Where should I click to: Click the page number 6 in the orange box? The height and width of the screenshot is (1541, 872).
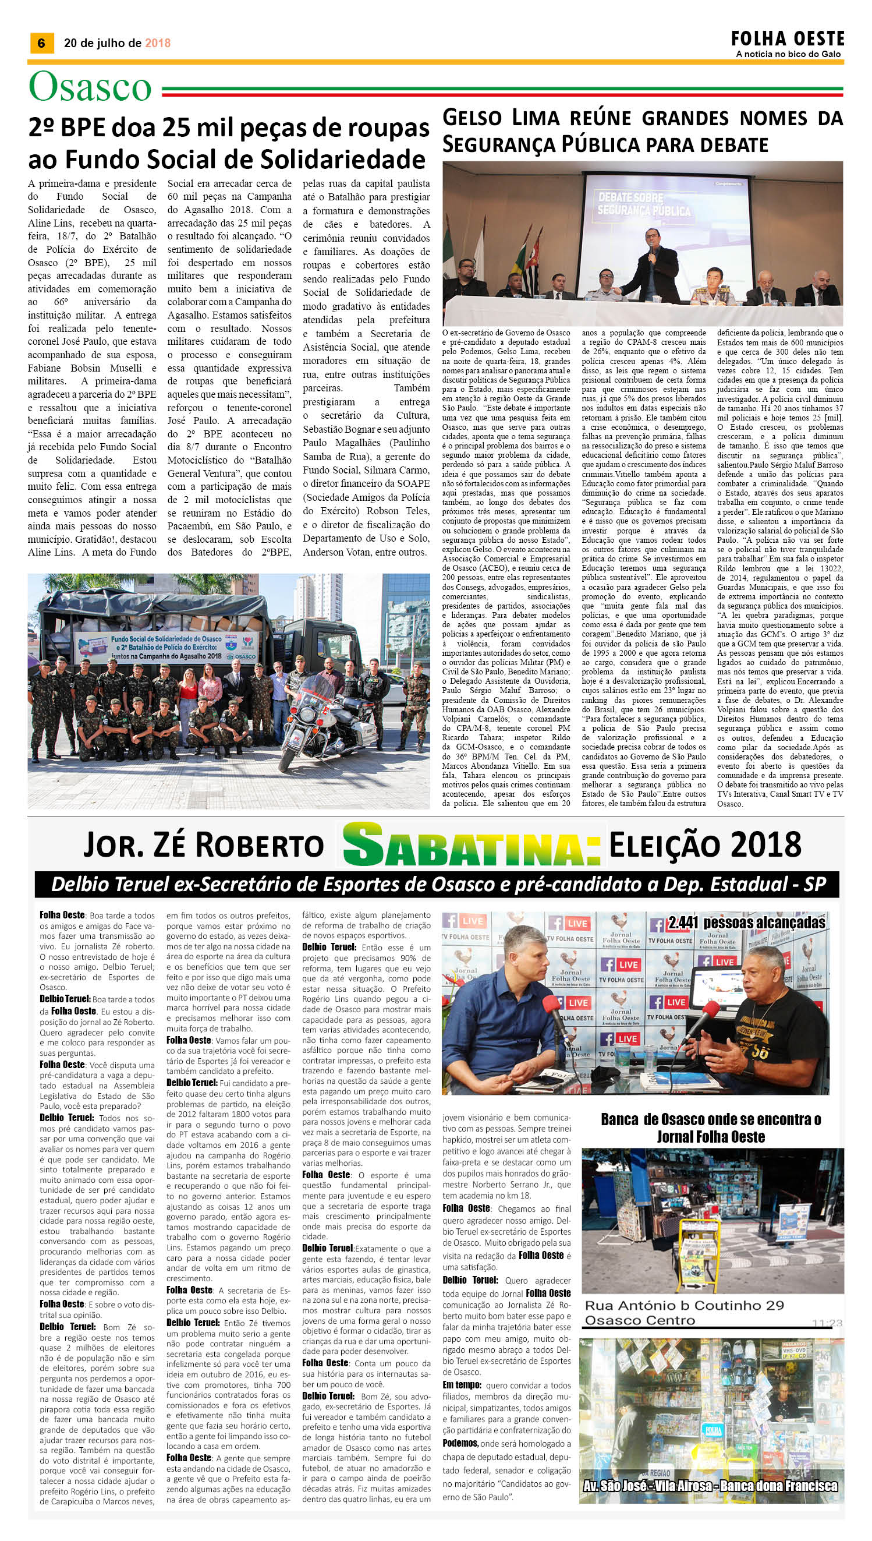click(x=41, y=43)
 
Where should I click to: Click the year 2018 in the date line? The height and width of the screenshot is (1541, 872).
click(x=158, y=43)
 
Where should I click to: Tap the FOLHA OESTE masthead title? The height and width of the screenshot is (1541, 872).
click(x=787, y=39)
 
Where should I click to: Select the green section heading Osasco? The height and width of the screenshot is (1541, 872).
click(x=90, y=87)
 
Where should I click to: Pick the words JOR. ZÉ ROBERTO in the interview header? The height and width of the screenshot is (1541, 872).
click(x=203, y=845)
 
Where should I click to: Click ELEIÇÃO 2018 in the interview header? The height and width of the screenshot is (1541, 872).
click(x=704, y=845)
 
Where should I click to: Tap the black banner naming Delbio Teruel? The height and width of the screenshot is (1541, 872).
click(x=438, y=883)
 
